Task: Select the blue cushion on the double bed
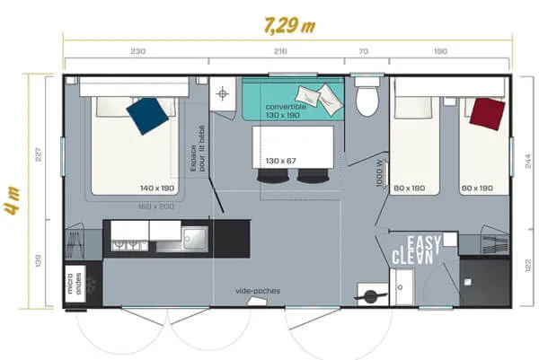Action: [148, 115]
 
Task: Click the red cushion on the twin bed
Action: [485, 112]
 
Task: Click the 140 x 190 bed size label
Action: [157, 189]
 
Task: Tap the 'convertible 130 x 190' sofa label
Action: [286, 110]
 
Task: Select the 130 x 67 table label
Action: [281, 161]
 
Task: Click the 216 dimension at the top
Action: [279, 51]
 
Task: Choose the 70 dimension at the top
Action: [362, 51]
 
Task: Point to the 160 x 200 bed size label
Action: [157, 206]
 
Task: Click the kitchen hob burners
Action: [126, 241]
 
